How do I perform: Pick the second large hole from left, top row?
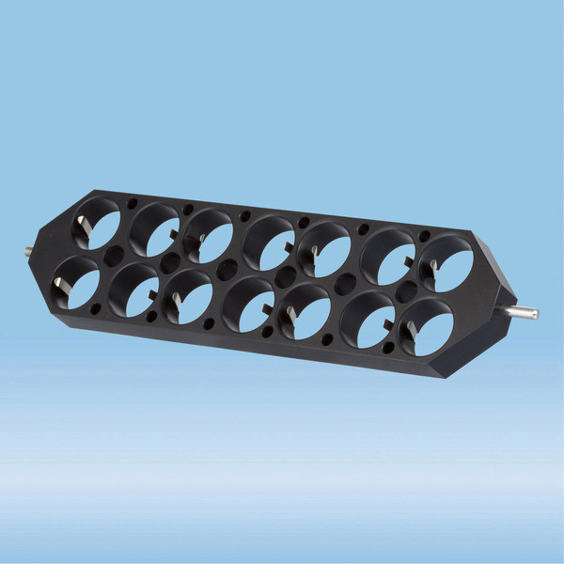point(155,229)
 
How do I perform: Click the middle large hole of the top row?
point(270,243)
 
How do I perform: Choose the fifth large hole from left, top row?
point(325,250)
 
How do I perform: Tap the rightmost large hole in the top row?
point(447,263)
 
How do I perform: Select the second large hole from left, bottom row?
point(133,291)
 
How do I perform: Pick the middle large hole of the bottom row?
point(248,305)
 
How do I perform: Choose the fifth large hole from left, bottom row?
point(305,313)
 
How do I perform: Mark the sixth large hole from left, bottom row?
point(368,321)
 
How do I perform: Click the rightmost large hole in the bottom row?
point(428,328)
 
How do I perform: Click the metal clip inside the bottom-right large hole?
point(411,332)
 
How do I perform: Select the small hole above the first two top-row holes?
point(132,203)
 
